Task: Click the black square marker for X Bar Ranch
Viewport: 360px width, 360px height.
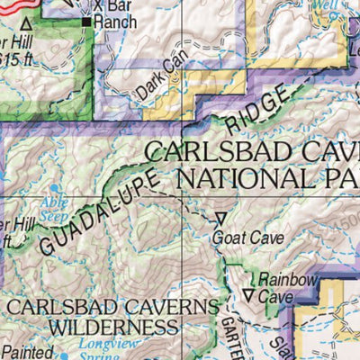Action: [87, 21]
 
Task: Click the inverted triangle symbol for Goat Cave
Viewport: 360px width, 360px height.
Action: [220, 217]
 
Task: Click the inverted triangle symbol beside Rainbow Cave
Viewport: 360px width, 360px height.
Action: [249, 294]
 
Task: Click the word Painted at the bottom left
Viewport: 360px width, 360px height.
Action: [27, 352]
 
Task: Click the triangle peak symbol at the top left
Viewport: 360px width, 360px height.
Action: [26, 24]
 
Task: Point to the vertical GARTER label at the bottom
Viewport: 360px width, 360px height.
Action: [227, 333]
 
